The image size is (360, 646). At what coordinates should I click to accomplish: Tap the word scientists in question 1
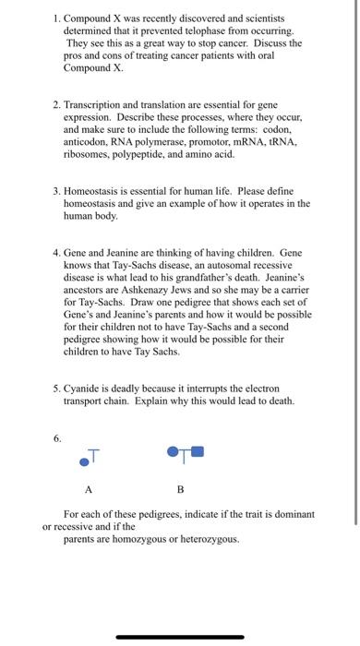262,18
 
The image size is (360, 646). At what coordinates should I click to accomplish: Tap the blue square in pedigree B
198,453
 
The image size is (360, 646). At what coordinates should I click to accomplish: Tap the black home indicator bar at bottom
180,636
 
